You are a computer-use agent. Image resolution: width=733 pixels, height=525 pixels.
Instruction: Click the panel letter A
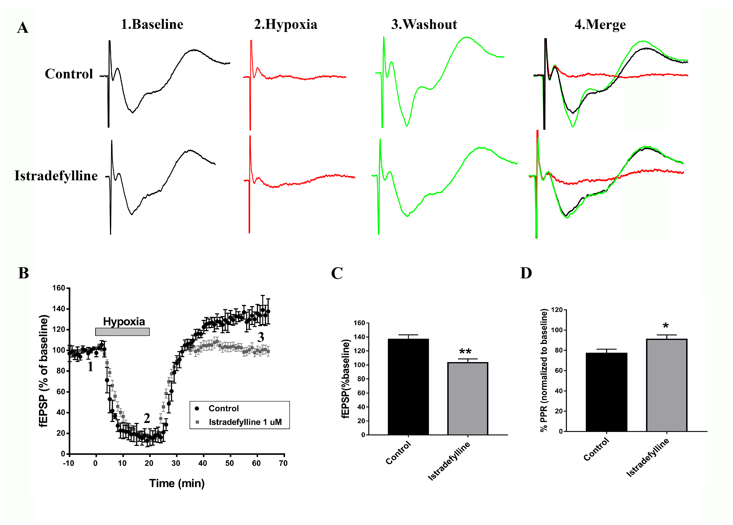(23, 28)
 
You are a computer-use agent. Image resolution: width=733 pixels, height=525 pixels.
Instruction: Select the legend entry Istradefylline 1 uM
(245, 422)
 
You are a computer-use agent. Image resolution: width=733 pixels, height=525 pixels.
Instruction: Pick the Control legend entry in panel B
(223, 408)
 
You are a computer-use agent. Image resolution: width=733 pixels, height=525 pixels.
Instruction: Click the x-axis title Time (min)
(177, 483)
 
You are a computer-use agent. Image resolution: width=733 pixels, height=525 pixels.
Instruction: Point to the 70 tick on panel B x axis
(283, 463)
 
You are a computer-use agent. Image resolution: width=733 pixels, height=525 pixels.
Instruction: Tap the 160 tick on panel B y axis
(59, 288)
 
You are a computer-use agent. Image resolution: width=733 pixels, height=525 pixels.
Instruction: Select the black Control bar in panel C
(408, 387)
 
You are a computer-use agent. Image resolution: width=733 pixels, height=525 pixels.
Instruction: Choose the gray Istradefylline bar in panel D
(666, 385)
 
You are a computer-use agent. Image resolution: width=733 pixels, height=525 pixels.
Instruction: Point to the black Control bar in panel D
(606, 392)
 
